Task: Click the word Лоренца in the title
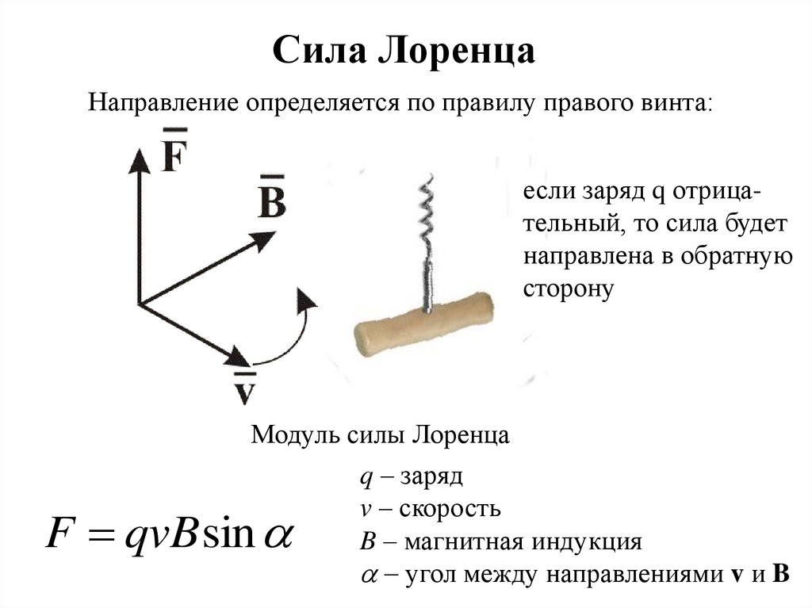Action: (460, 53)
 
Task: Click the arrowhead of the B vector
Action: (265, 239)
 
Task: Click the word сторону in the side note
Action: (569, 289)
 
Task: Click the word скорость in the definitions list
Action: (450, 508)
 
